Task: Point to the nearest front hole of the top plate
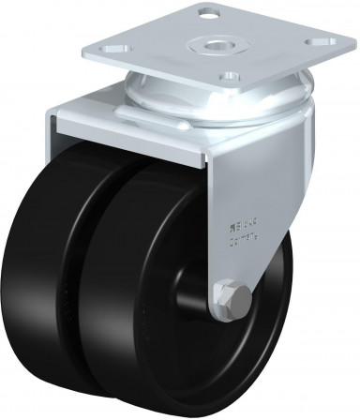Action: click(x=228, y=76)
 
